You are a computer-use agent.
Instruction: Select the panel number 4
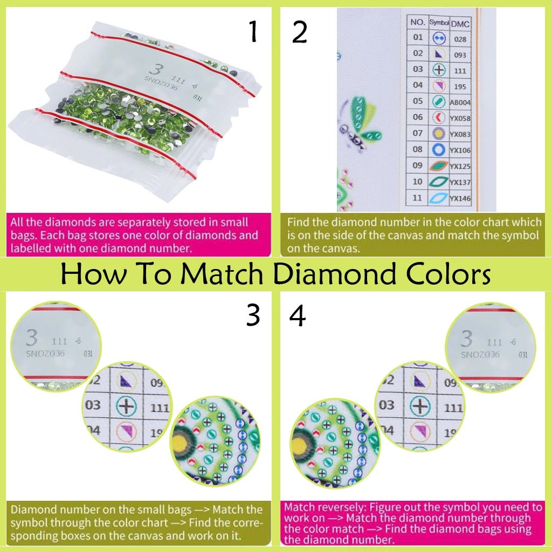pos(298,316)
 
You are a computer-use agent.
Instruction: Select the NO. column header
pos(418,22)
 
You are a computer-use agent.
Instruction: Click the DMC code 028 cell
pos(460,39)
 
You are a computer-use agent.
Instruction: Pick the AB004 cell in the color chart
pos(460,102)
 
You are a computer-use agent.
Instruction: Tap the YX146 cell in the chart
pos(460,198)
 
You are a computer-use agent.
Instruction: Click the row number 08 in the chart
pos(418,149)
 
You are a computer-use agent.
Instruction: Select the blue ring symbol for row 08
pos(438,149)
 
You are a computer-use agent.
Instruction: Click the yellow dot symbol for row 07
pos(438,133)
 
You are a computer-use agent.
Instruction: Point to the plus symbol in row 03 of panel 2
pos(438,70)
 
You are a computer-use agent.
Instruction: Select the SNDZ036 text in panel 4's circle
pos(480,354)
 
